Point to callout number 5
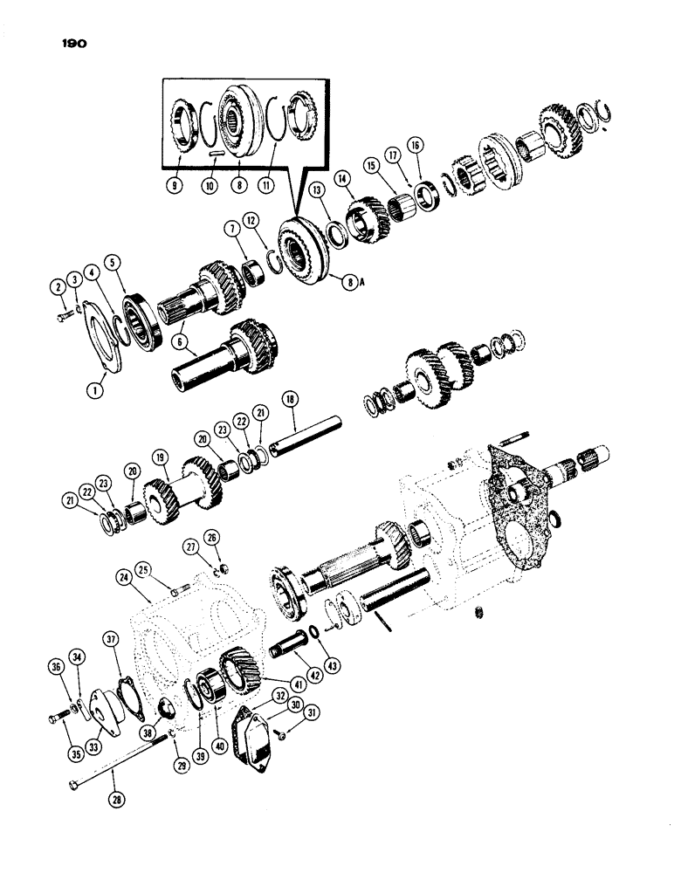tap(112, 260)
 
